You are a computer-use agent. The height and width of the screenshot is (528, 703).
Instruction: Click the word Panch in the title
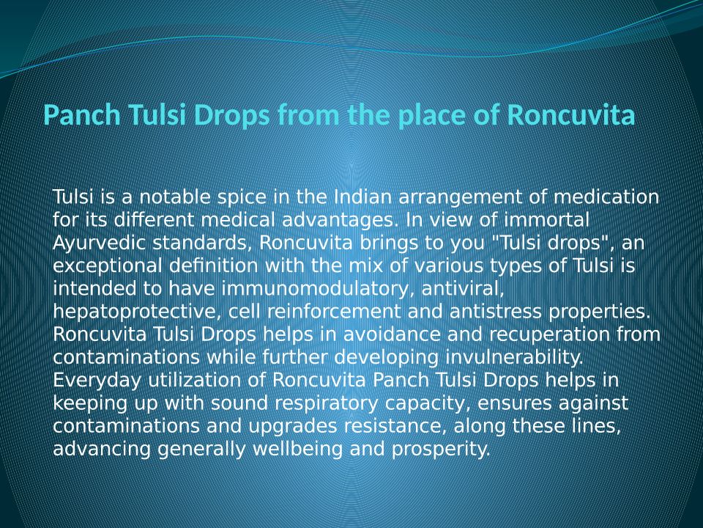(x=83, y=115)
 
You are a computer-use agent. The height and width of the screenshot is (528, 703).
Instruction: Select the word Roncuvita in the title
(x=571, y=115)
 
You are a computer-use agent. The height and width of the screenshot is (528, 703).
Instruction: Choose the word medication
(x=606, y=197)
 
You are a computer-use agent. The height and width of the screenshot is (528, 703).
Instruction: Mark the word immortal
(x=546, y=219)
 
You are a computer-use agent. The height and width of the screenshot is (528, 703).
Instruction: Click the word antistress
(x=496, y=311)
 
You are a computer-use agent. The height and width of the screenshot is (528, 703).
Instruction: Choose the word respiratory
(x=327, y=403)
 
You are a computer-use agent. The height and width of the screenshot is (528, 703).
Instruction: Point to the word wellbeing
(x=298, y=450)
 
